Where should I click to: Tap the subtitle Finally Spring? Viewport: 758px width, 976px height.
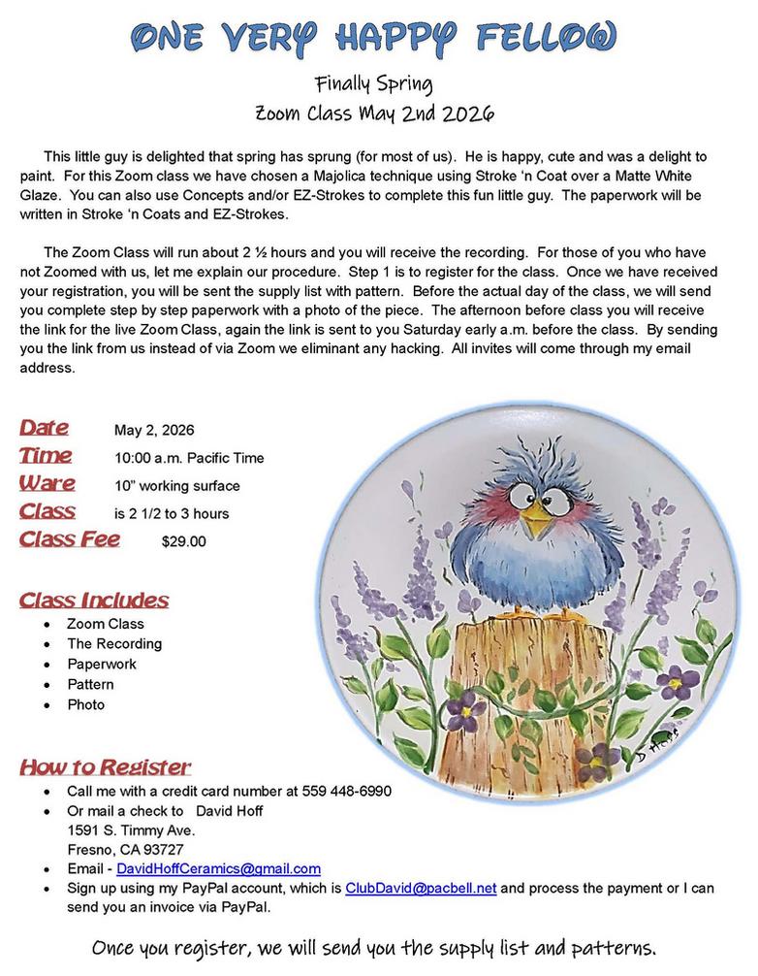point(378,82)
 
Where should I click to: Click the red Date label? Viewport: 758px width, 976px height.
point(44,428)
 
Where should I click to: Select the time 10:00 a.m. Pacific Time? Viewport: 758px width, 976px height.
point(189,458)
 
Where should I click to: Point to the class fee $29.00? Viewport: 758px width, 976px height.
point(183,541)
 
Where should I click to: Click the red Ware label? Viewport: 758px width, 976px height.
point(47,483)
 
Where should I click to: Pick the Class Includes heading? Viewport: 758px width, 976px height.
point(94,600)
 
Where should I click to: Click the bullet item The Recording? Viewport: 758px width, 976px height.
point(114,643)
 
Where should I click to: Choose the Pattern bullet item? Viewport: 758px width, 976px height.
point(90,684)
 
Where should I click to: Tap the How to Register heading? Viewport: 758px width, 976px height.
point(105,767)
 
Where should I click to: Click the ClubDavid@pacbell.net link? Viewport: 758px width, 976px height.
point(421,888)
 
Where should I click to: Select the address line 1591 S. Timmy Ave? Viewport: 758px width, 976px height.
point(131,830)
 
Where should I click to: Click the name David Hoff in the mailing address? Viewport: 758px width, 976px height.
point(230,810)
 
